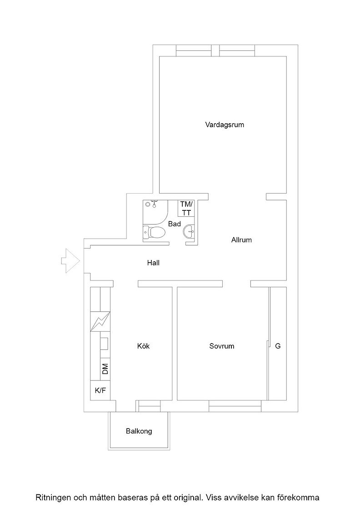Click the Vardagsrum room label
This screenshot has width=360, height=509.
[x=224, y=125]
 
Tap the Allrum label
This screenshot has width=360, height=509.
[x=241, y=240]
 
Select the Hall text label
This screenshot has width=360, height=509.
[x=153, y=263]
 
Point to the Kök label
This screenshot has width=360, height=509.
[x=144, y=346]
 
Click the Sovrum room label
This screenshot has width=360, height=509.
[x=222, y=346]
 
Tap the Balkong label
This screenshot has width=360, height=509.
[x=139, y=431]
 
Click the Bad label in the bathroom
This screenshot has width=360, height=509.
[x=175, y=224]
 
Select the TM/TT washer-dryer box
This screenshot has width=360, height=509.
[x=186, y=209]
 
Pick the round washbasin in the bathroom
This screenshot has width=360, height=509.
[x=189, y=232]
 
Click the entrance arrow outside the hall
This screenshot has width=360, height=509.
[x=70, y=261]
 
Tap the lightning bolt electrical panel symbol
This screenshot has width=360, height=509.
[x=100, y=322]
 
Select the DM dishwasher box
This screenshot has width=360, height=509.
[x=105, y=369]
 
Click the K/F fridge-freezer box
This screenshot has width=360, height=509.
[x=100, y=390]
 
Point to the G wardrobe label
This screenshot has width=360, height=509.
[x=278, y=346]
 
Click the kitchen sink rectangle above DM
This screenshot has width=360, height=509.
[x=104, y=344]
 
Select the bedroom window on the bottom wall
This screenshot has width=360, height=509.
[x=235, y=404]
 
